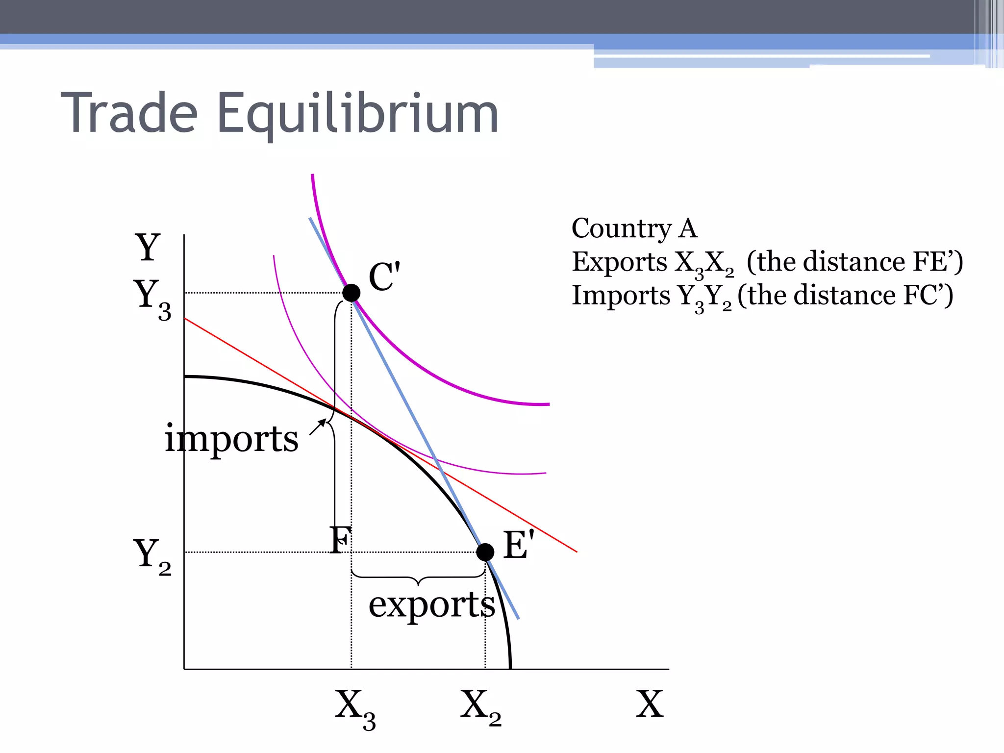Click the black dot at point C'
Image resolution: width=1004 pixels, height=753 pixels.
coord(351,293)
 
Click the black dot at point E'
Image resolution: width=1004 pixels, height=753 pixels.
coord(485,552)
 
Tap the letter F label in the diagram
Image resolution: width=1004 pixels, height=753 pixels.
coord(340,540)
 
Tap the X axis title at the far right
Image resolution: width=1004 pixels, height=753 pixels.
coord(650,704)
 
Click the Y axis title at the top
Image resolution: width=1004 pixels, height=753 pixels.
coord(148,247)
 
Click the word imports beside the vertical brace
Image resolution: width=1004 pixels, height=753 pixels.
coord(231,438)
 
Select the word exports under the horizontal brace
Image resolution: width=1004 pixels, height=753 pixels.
coord(431,605)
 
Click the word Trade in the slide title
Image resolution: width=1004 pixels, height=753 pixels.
coord(129,114)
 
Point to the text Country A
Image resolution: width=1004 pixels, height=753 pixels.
coord(634,228)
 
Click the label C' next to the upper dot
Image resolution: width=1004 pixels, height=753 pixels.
coord(384,277)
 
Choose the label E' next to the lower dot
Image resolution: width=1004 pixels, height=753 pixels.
coord(518,545)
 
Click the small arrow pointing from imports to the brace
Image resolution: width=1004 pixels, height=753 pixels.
coord(318,427)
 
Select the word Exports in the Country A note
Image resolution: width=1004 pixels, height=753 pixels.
coord(619,262)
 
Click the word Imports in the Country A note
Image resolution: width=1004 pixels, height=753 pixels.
coord(621,295)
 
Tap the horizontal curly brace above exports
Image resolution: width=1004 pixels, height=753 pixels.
coord(418,578)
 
